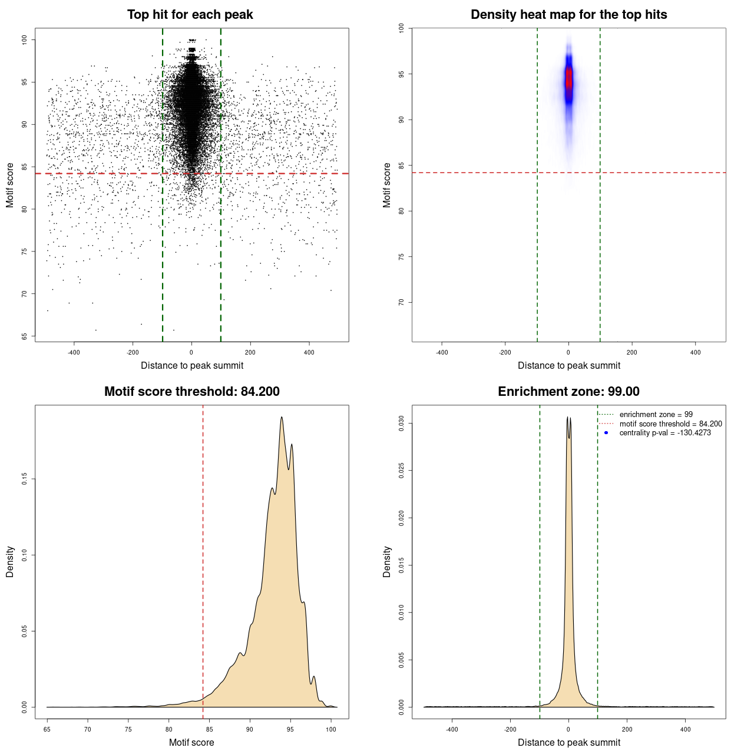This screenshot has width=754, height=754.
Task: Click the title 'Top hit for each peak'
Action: [190, 15]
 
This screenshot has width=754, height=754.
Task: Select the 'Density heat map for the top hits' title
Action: [568, 15]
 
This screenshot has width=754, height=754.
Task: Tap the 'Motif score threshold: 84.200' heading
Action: [191, 392]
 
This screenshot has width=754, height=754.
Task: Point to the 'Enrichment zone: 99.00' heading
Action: [568, 392]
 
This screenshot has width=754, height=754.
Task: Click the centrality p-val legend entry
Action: [665, 433]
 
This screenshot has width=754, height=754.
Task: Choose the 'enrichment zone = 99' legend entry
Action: [656, 415]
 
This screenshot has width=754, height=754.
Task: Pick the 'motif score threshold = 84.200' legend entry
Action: [670, 424]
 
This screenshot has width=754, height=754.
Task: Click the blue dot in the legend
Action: [606, 433]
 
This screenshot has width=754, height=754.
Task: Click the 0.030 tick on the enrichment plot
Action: [402, 424]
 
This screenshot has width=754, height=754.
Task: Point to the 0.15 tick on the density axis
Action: [25, 479]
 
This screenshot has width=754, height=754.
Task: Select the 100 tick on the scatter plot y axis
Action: [25, 39]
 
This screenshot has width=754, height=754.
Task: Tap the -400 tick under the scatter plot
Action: [74, 352]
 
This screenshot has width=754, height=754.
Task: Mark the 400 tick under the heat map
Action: [695, 352]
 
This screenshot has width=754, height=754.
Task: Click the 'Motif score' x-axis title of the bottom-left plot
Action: [191, 742]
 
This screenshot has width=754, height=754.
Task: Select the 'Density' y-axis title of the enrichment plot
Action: [387, 561]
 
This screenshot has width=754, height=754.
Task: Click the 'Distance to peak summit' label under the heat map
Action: [568, 365]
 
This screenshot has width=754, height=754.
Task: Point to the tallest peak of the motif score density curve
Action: [282, 418]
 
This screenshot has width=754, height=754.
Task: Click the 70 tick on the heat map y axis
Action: [402, 302]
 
